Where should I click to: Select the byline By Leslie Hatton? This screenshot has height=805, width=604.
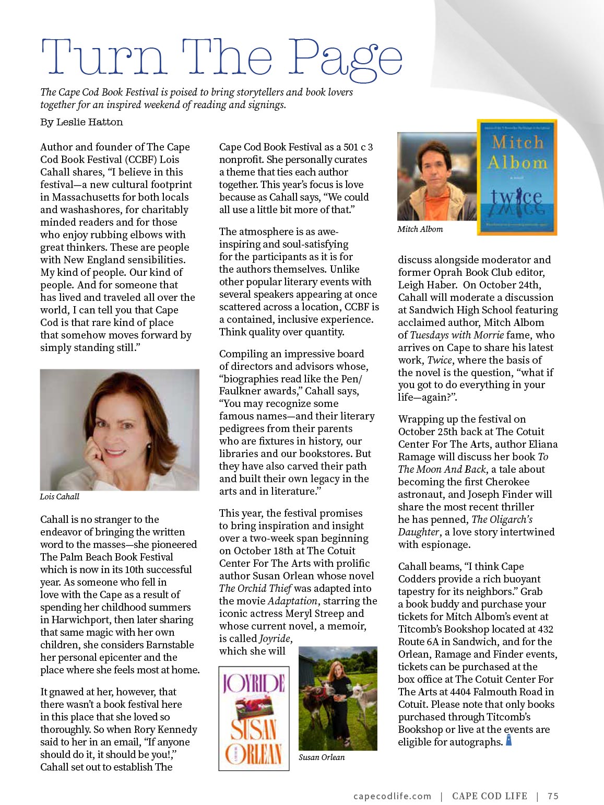tap(82, 122)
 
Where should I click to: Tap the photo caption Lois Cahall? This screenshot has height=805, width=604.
tap(60, 496)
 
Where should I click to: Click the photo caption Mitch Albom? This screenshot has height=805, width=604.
tap(420, 229)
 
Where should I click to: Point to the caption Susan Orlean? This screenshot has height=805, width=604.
tap(322, 757)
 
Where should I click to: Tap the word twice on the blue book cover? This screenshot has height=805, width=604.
tap(516, 197)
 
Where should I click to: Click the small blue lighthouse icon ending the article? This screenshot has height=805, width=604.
tap(508, 741)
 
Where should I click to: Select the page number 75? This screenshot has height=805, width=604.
tap(553, 796)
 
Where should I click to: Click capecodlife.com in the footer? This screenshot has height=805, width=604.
tap(393, 796)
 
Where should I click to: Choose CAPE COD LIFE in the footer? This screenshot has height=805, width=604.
tap(490, 796)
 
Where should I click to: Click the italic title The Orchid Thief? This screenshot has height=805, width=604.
tap(255, 588)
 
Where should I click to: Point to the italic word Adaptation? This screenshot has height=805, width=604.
tap(292, 601)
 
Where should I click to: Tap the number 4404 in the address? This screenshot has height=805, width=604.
tap(475, 692)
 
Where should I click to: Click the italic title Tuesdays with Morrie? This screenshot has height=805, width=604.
tap(457, 335)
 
